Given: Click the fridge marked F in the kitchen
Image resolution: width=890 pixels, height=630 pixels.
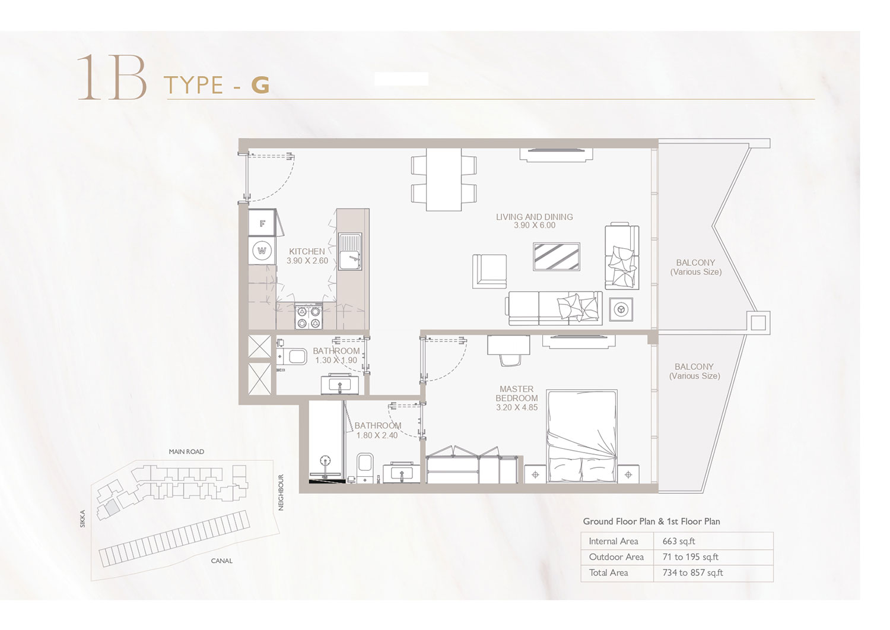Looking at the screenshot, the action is (262, 223).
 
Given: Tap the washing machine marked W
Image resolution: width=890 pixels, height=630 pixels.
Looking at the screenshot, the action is (262, 251).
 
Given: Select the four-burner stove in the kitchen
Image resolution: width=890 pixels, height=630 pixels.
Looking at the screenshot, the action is (309, 316).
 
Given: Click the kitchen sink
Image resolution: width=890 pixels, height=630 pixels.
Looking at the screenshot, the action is (350, 252).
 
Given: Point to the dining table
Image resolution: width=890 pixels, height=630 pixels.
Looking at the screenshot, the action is (444, 180).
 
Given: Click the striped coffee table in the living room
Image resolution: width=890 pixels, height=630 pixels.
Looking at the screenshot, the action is (557, 257).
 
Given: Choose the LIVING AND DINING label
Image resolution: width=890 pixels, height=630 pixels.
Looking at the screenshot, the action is (535, 217).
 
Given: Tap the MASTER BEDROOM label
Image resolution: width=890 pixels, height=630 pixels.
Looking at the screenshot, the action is (517, 394).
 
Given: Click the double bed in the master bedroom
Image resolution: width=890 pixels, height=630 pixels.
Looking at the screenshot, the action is (581, 436).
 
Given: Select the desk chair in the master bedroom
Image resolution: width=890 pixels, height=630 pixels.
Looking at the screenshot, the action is (510, 360).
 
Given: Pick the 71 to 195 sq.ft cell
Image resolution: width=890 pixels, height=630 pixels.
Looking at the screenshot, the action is (690, 557).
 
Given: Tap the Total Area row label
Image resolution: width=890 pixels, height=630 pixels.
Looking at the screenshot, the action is (608, 573).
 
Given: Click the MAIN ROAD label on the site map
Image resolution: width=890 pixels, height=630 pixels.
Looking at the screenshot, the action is (186, 452).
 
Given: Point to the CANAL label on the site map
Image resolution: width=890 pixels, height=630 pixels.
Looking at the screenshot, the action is (222, 561).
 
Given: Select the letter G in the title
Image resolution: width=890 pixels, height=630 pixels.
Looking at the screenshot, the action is (260, 85).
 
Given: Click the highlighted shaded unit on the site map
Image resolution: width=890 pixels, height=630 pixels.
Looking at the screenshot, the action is (112, 507).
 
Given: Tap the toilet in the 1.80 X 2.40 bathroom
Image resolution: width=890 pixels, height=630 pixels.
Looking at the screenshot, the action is (364, 468).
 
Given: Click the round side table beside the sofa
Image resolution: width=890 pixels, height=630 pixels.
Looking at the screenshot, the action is (621, 309).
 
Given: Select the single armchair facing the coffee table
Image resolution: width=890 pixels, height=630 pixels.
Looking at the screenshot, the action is (490, 271).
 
